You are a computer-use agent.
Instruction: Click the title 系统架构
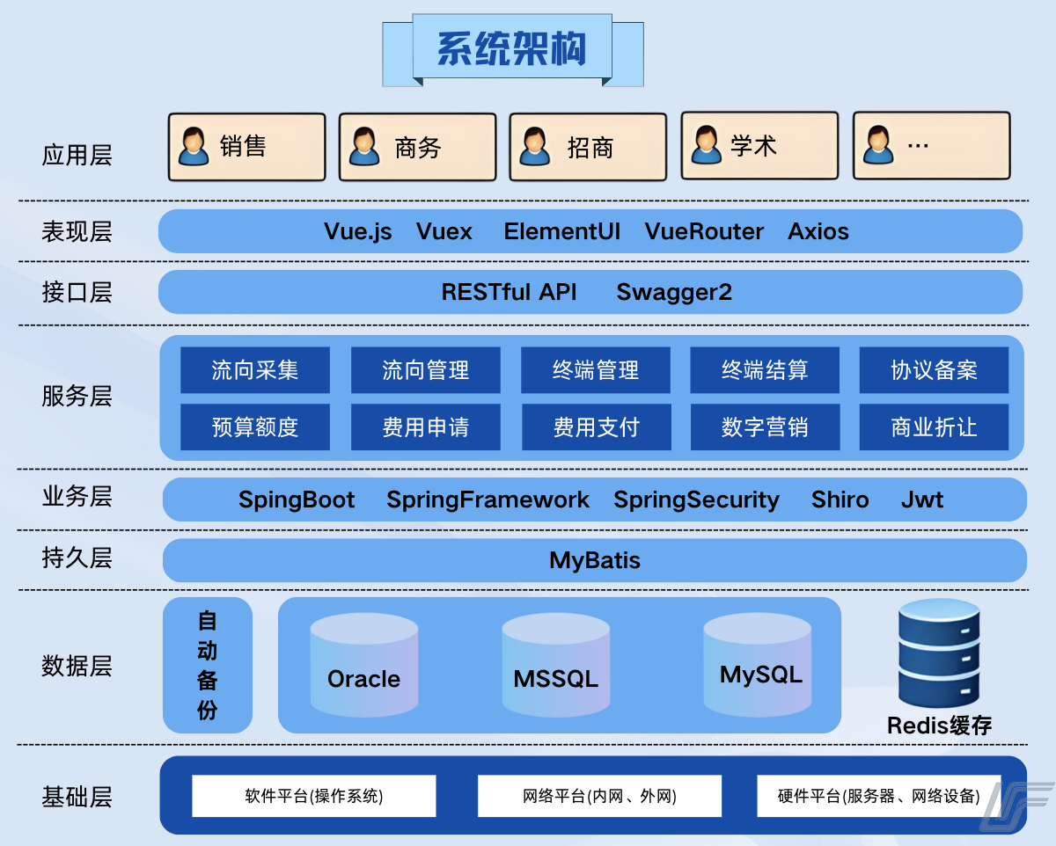512,49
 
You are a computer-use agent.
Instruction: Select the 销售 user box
246,147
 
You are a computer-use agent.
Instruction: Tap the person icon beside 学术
706,145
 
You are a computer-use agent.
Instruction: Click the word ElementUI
561,231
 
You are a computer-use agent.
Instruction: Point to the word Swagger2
674,292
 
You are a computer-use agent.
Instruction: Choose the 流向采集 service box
255,370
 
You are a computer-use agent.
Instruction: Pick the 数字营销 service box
765,427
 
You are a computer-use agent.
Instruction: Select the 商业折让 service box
934,427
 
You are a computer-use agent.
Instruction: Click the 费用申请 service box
426,427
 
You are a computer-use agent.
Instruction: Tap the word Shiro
840,500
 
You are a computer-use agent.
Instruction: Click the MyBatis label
595,560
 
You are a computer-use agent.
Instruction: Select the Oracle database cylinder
363,665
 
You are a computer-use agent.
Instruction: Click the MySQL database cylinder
758,664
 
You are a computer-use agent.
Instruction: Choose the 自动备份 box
208,665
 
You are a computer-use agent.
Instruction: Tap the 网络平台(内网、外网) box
599,796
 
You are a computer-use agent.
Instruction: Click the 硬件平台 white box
879,796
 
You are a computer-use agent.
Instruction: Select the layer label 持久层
77,558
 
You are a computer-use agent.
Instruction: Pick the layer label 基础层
77,798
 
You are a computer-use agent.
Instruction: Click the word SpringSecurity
696,500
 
